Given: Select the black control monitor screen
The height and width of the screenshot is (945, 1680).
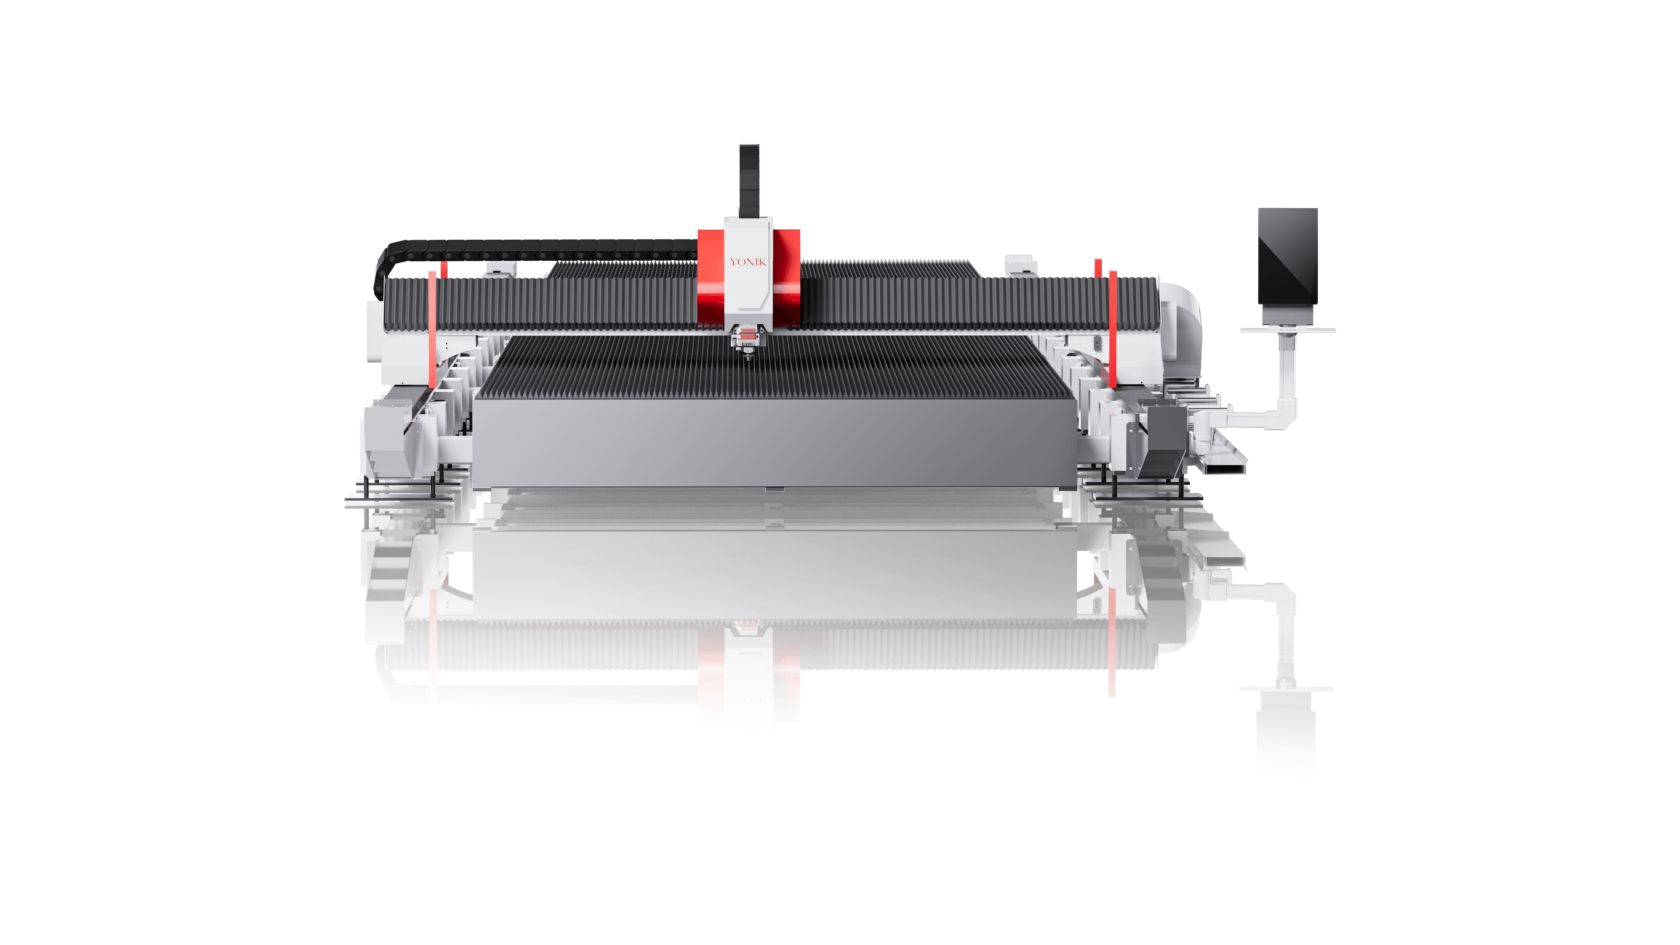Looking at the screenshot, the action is click(1288, 256).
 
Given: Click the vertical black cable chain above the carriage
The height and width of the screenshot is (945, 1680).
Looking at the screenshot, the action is click(749, 181).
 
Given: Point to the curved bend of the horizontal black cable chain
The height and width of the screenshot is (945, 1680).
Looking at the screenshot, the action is click(382, 267).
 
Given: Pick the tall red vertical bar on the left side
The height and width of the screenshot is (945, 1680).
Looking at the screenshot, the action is click(432, 329).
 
